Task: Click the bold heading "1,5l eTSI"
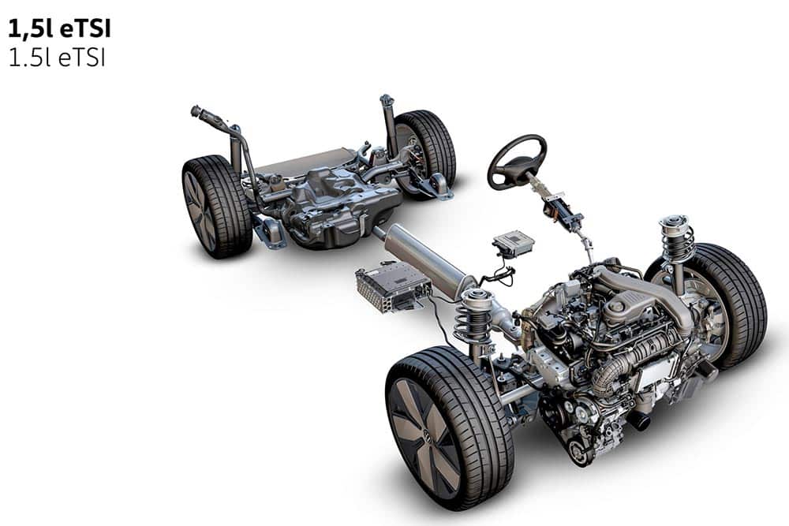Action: coord(59,30)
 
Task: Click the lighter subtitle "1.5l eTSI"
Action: coord(58,58)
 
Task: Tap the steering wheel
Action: coord(517,162)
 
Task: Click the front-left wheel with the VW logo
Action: coord(450,428)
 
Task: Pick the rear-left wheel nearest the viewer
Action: coord(216,207)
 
